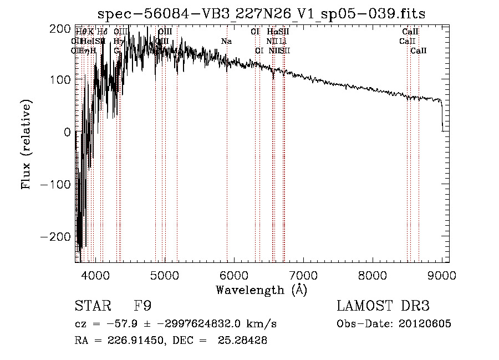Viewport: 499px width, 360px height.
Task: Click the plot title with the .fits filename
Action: (x=262, y=14)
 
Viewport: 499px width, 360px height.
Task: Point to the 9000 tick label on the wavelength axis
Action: (x=442, y=274)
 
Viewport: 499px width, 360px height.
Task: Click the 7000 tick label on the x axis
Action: (x=303, y=274)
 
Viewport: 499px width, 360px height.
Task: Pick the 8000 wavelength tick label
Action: (x=373, y=274)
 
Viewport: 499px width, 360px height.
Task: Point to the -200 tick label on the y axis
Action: (x=56, y=236)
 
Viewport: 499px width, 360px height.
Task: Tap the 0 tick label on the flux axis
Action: (x=67, y=132)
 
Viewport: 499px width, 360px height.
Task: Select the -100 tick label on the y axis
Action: (x=56, y=184)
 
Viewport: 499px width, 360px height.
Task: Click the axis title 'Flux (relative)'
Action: (x=27, y=144)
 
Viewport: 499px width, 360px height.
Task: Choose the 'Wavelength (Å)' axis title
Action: (x=261, y=290)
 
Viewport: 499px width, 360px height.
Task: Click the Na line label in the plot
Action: (x=226, y=42)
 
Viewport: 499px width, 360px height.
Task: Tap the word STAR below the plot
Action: (x=92, y=306)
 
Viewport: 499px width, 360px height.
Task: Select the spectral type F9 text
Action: (x=142, y=306)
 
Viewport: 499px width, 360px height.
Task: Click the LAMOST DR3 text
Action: (x=383, y=306)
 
